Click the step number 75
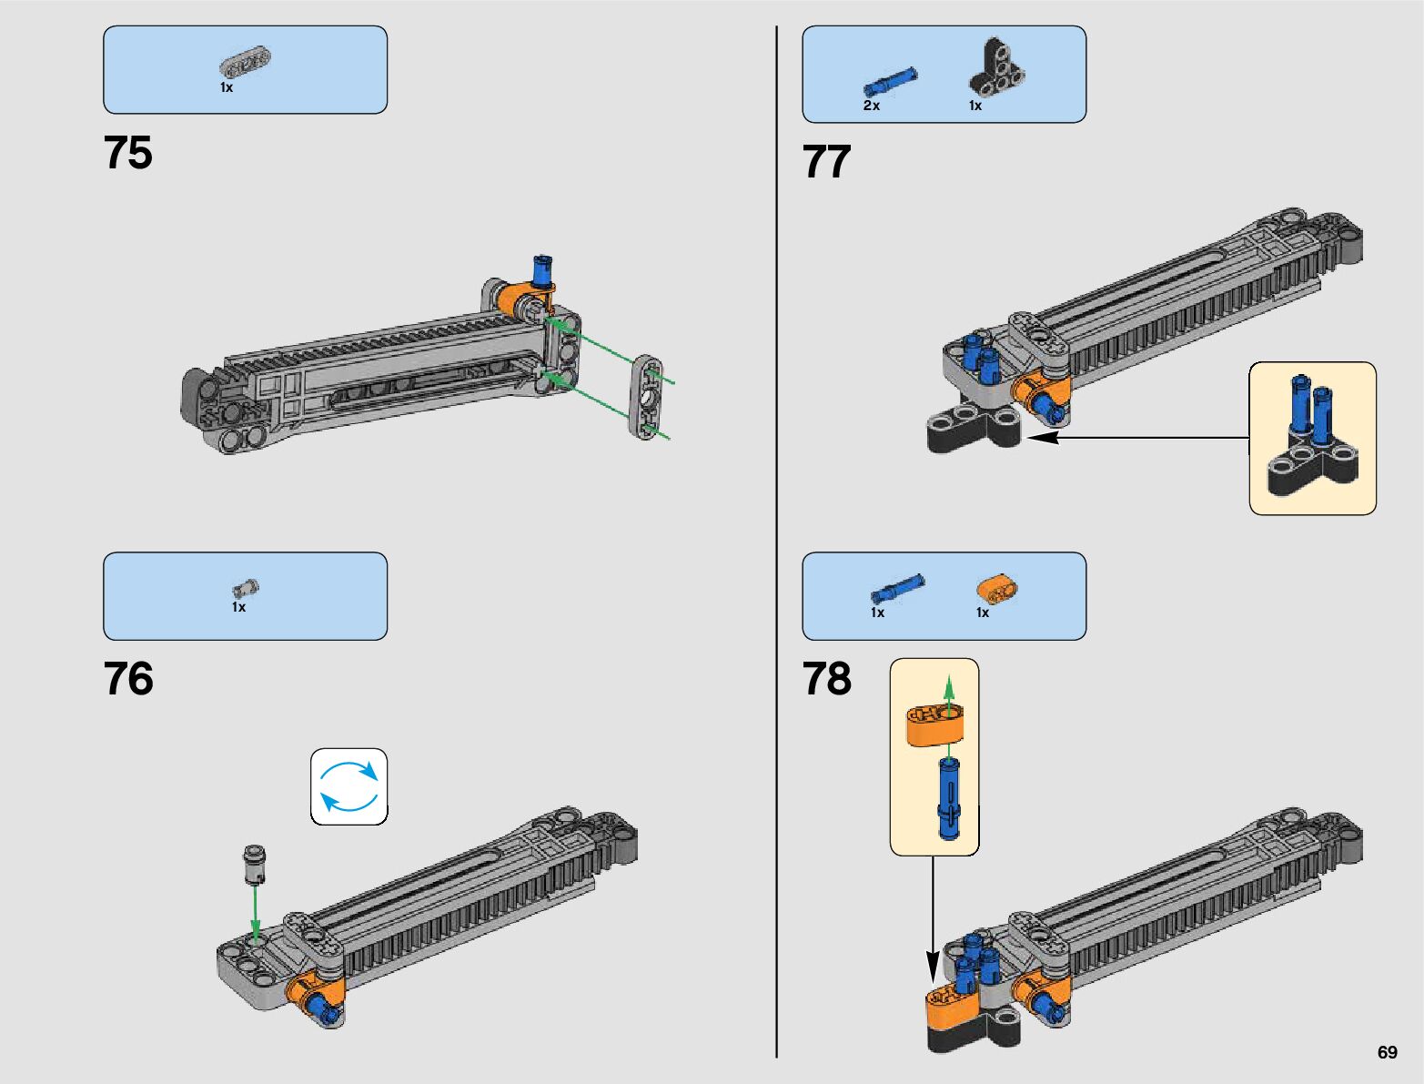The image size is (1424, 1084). (x=128, y=153)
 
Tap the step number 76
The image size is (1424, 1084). (x=128, y=679)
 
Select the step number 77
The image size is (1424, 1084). (x=826, y=162)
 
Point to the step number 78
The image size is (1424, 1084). (x=826, y=679)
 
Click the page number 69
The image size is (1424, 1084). (x=1387, y=1052)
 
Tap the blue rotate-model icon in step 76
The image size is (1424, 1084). (x=348, y=786)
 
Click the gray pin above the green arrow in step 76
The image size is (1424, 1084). (x=255, y=863)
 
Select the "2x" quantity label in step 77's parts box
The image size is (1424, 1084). (x=871, y=106)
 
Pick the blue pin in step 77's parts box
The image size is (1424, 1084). (x=890, y=81)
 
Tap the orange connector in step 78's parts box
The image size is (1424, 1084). (x=997, y=590)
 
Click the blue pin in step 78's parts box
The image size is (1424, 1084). (x=897, y=588)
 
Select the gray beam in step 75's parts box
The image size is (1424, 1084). (x=246, y=63)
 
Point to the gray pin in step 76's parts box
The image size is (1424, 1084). (x=246, y=589)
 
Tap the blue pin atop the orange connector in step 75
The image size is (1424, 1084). (x=543, y=269)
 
